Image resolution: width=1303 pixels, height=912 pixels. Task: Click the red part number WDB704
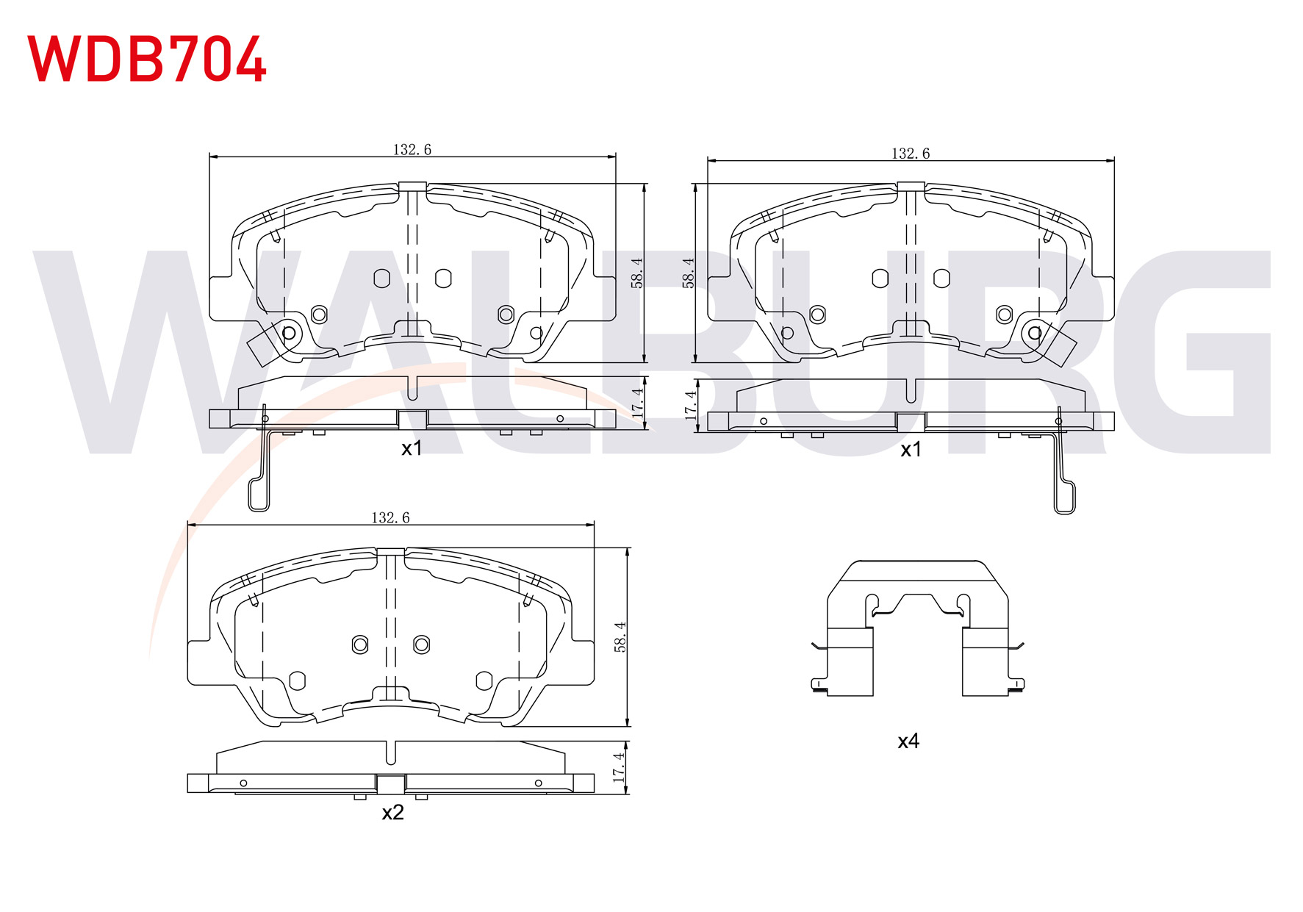[146, 58]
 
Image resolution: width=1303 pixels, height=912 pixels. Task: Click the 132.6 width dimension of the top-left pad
[412, 150]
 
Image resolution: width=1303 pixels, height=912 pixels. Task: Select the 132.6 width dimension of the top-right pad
[911, 154]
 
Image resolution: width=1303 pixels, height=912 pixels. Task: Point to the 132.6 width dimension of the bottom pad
[390, 518]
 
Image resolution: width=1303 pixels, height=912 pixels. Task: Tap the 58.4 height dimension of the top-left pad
[637, 272]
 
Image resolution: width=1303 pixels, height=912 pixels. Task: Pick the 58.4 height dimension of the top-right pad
[689, 272]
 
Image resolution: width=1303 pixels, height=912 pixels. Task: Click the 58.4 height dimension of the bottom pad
[620, 636]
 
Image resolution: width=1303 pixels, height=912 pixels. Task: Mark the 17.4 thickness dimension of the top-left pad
[637, 403]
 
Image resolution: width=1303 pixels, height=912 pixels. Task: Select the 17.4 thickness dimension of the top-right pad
[690, 406]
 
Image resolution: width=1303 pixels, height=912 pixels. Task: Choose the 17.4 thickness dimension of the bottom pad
[619, 766]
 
